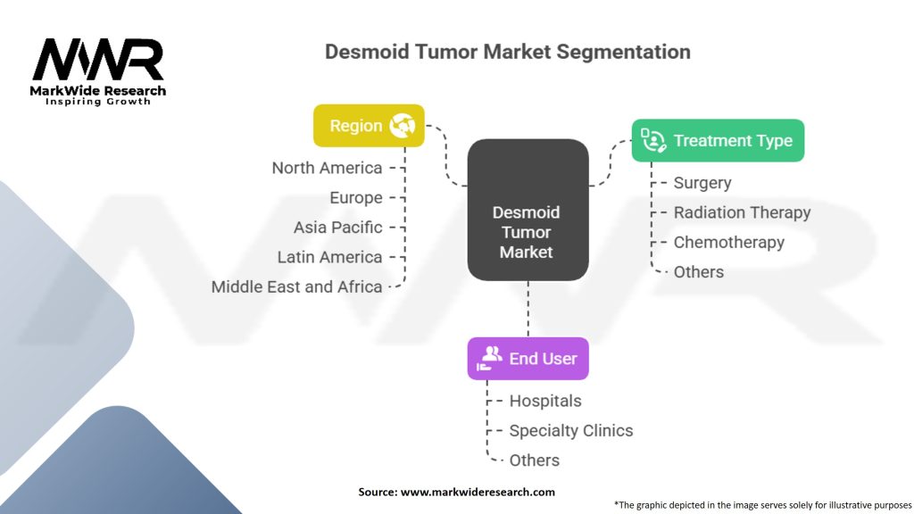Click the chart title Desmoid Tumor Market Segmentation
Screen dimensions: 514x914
coord(507,52)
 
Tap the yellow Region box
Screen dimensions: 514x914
coord(369,126)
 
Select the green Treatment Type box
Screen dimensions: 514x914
coord(718,141)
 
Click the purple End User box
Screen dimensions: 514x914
coord(528,359)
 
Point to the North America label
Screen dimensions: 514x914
coord(327,168)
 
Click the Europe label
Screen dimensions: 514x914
coord(355,197)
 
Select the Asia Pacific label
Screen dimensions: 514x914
coord(337,228)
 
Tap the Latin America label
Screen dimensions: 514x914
coord(329,257)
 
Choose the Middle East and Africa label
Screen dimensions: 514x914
coord(296,286)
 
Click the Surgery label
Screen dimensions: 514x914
coord(702,183)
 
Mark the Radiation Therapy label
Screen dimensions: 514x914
coord(742,212)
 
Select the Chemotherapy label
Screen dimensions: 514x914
coord(728,242)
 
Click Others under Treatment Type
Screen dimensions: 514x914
coord(699,271)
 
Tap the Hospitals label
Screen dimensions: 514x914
coord(544,401)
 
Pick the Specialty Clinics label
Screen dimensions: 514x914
coord(570,430)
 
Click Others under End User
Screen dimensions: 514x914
coord(534,460)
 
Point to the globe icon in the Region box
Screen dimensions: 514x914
coord(403,126)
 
